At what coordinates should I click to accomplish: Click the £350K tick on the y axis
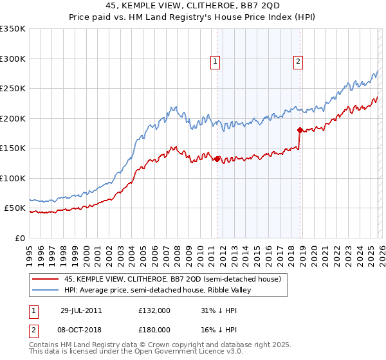13,29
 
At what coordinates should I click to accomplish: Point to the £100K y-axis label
13,178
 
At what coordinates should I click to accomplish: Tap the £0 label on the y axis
19,238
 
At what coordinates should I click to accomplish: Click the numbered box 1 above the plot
215,62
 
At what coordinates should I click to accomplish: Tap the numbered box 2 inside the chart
299,62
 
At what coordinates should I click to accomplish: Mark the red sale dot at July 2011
217,159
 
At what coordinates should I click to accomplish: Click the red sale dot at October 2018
300,130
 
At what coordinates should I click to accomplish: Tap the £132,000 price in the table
154,310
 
